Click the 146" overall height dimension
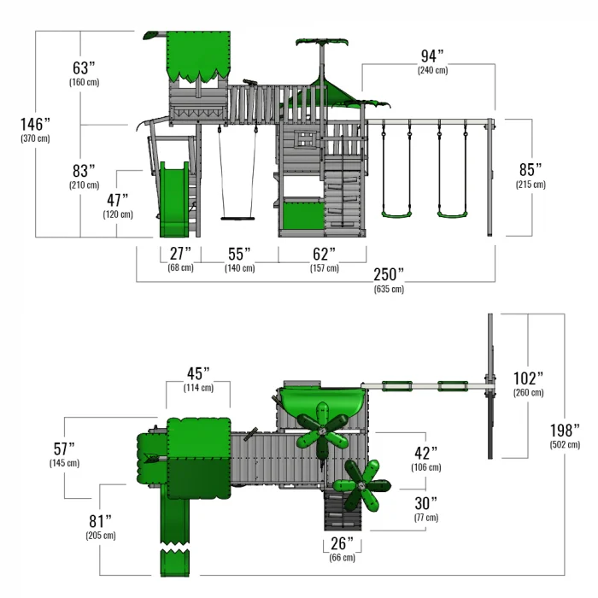coord(35,125)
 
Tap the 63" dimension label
coord(83,67)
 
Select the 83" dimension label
coord(83,171)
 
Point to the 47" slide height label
coord(120,200)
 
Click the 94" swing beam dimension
coord(432,56)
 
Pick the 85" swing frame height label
coord(531,169)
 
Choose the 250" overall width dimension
coord(389,274)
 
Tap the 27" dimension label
coord(180,254)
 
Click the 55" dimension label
coord(239,254)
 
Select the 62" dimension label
coord(324,254)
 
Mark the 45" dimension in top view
coord(197,373)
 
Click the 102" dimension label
coord(527,378)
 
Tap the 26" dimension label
coord(342,544)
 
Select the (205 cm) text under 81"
coord(100,536)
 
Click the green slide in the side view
coord(174,201)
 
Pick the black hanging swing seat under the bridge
coord(237,218)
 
